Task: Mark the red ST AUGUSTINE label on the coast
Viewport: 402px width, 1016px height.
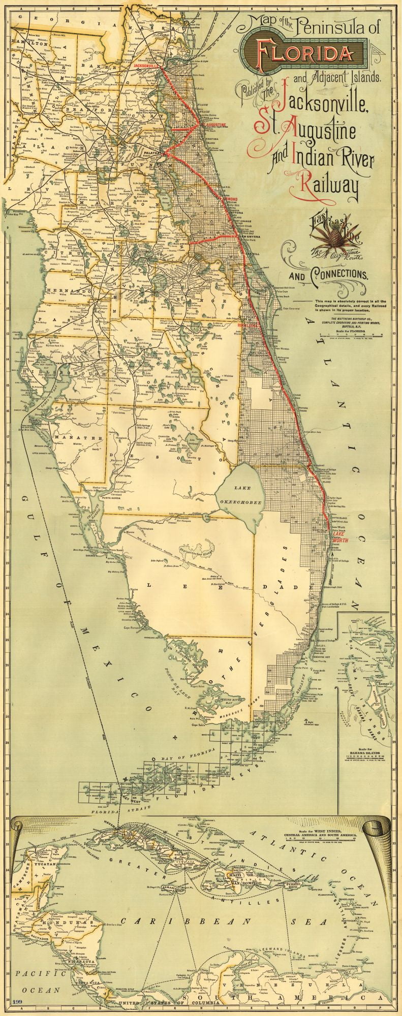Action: tap(214, 124)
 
